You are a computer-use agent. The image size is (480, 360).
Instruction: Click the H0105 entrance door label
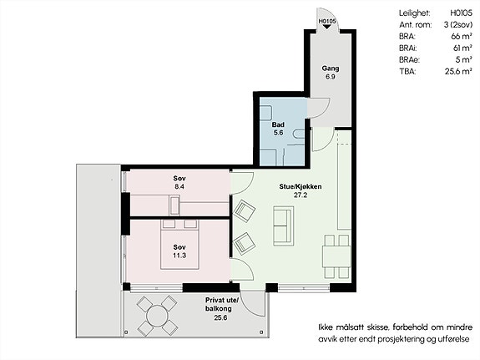click(x=327, y=22)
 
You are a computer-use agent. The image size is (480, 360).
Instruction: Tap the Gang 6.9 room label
click(x=331, y=73)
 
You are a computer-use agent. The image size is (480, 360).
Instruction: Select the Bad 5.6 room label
click(x=278, y=129)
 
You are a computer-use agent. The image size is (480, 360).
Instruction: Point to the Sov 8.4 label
click(x=179, y=182)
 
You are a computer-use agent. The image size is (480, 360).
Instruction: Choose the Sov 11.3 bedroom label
click(x=179, y=251)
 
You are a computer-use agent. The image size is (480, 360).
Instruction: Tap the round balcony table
click(x=157, y=317)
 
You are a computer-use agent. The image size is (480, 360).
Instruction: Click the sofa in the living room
click(x=284, y=226)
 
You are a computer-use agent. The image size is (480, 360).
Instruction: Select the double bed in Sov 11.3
click(x=179, y=245)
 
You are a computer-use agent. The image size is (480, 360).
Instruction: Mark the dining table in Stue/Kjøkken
click(x=336, y=256)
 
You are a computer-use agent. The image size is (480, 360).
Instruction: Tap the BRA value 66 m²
click(x=462, y=36)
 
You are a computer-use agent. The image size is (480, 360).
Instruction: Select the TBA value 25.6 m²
click(x=458, y=71)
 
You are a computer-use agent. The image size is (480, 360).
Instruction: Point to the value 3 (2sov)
click(x=458, y=25)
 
